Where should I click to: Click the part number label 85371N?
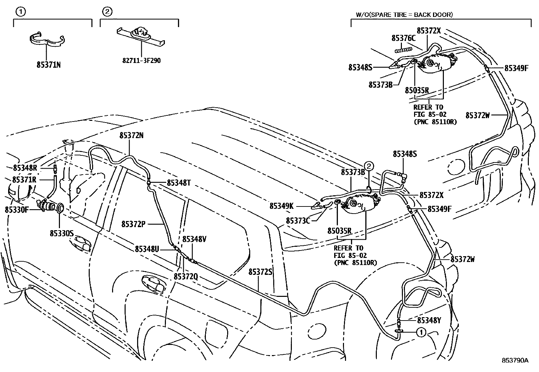tap(48, 64)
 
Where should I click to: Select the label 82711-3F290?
tap(142, 61)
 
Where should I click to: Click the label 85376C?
tap(403, 38)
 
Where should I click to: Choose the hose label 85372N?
tap(131, 135)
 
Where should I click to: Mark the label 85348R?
tap(25, 168)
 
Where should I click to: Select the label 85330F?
tap(17, 210)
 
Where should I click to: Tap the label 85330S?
tap(62, 233)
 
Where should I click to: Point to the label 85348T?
tap(179, 183)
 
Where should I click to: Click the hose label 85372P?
tap(134, 224)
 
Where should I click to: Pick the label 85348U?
tap(147, 249)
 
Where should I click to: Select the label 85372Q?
tap(186, 277)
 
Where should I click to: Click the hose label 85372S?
tap(261, 271)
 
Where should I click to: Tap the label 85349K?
tap(281, 205)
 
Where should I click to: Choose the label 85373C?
tap(298, 221)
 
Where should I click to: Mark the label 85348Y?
tap(429, 320)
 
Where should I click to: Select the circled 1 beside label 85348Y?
tap(421, 332)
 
